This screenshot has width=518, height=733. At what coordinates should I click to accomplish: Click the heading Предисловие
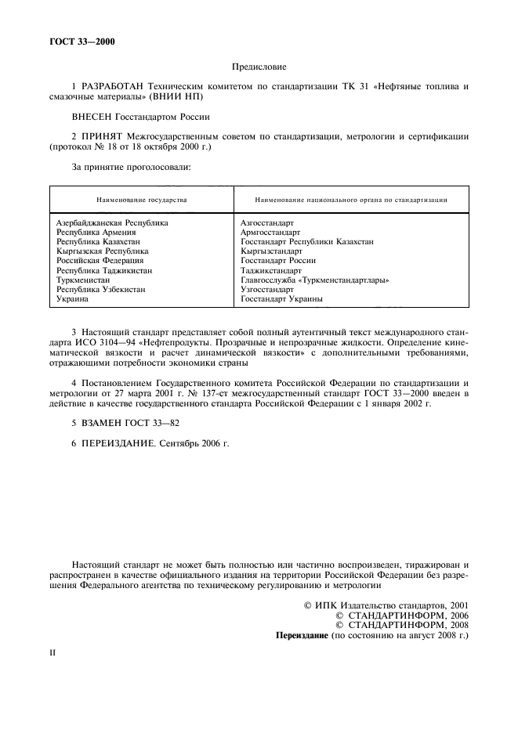click(x=259, y=68)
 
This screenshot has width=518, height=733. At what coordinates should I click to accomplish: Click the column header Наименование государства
click(x=142, y=200)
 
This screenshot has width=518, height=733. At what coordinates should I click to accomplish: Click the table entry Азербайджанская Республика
click(x=112, y=223)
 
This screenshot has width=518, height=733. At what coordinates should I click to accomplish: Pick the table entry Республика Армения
click(x=96, y=233)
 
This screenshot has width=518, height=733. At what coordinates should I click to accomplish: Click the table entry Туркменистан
click(x=82, y=280)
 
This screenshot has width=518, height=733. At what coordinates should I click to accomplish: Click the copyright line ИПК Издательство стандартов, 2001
click(x=386, y=605)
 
